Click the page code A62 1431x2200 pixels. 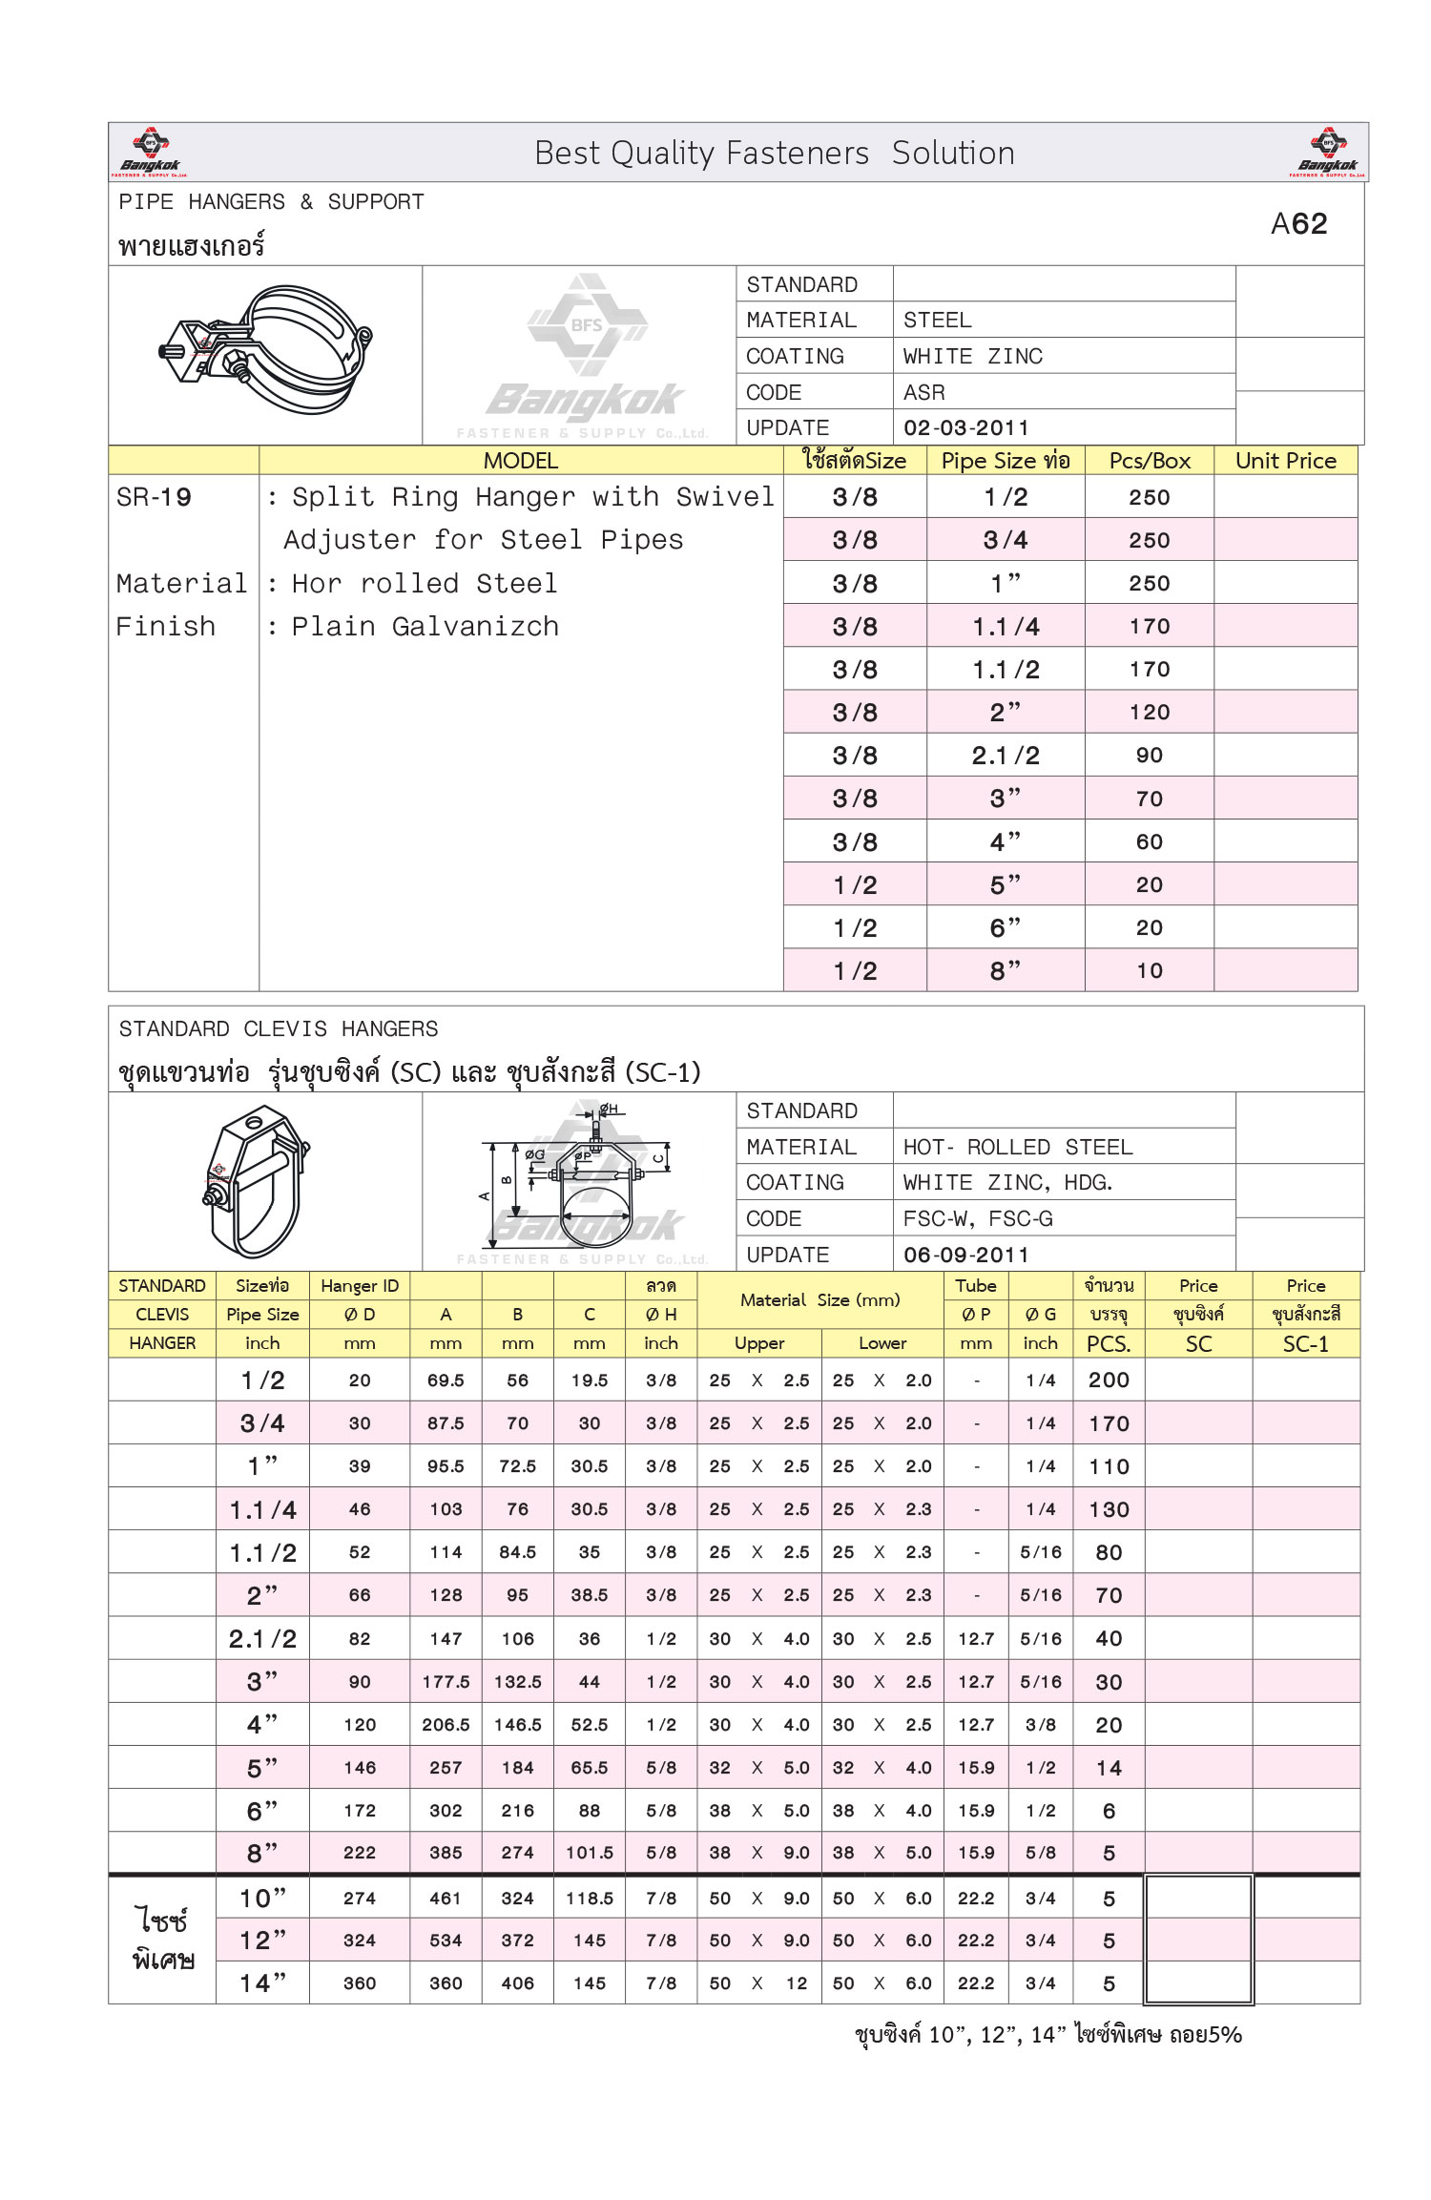[1298, 224]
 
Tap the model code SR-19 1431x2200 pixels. [154, 497]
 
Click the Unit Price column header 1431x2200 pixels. [1285, 461]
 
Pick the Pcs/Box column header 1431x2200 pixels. [1150, 461]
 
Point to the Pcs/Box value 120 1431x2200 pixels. [1150, 713]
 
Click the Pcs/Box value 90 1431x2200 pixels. [1150, 756]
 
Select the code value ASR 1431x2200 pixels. [923, 392]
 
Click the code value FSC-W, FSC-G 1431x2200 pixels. [978, 1218]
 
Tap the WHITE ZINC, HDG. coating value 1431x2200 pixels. [1007, 1183]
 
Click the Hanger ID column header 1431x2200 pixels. [360, 1286]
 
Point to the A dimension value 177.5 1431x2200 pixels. [446, 1682]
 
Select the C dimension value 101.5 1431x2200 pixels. [590, 1853]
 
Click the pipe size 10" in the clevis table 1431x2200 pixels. [262, 1899]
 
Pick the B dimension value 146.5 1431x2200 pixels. [517, 1725]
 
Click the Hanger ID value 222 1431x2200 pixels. [360, 1853]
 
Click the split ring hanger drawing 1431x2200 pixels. [265, 348]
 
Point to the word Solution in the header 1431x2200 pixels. [952, 154]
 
